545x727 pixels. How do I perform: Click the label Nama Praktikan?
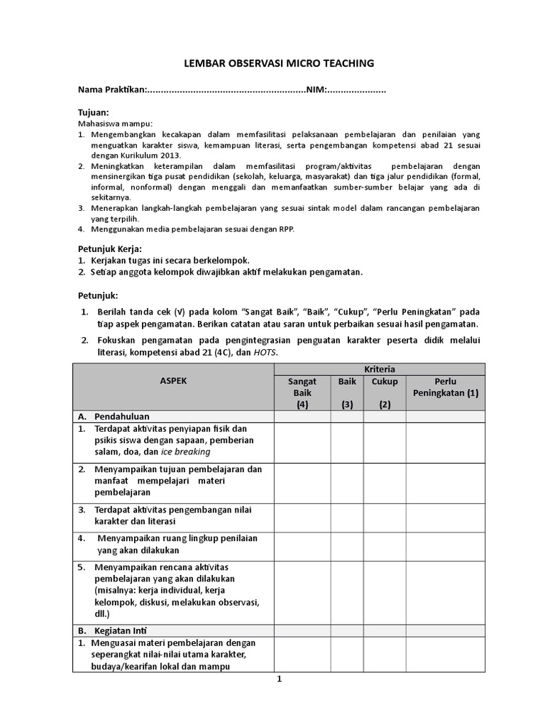pyautogui.click(x=111, y=90)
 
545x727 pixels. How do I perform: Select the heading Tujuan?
pyautogui.click(x=92, y=113)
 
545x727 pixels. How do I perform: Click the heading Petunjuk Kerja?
pyautogui.click(x=109, y=248)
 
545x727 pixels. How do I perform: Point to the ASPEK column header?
pyautogui.click(x=173, y=381)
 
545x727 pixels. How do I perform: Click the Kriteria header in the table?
pyautogui.click(x=380, y=369)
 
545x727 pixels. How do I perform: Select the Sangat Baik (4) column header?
pyautogui.click(x=302, y=393)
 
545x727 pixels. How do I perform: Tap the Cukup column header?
pyautogui.click(x=385, y=381)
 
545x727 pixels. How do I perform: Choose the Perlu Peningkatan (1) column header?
pyautogui.click(x=446, y=387)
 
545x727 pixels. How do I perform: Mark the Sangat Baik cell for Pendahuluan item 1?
pyautogui.click(x=302, y=441)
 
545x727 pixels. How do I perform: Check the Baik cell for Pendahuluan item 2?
pyautogui.click(x=347, y=481)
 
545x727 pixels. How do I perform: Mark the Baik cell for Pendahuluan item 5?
pyautogui.click(x=347, y=591)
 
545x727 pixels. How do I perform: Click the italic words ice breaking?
pyautogui.click(x=186, y=452)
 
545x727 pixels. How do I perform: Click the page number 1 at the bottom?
pyautogui.click(x=279, y=679)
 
